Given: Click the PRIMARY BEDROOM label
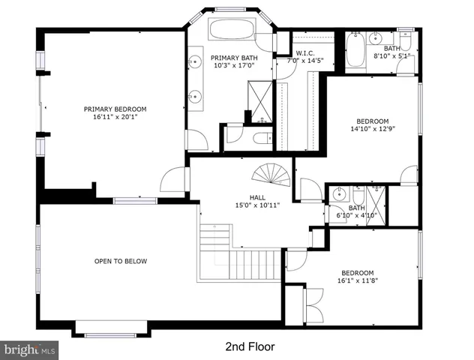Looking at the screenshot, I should coord(115,109).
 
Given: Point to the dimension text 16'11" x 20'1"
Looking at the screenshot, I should coord(115,118).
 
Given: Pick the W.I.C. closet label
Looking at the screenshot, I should coord(304,53).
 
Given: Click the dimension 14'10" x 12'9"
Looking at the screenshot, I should coord(372,129).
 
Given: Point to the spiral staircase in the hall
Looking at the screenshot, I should coord(270,177).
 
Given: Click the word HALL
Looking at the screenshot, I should coord(257,197).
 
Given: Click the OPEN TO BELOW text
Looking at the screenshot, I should coord(121,261).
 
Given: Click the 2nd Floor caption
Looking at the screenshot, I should coord(250,346).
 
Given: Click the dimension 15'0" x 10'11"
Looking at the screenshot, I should coord(257,205).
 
